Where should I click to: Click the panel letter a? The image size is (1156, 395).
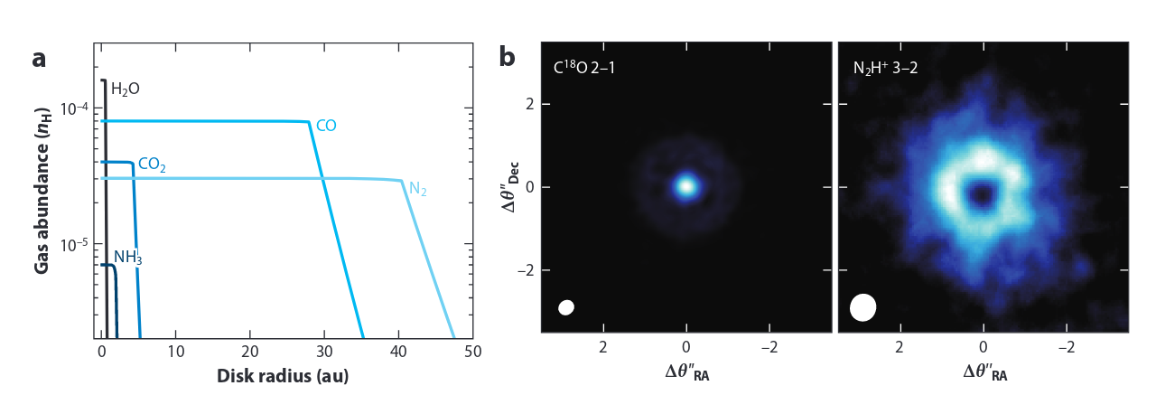tap(39, 60)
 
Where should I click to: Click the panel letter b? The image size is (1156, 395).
tap(508, 58)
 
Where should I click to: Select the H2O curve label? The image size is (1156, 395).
tap(125, 89)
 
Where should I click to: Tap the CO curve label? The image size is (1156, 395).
tap(326, 126)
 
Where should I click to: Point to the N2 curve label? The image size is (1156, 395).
tap(418, 189)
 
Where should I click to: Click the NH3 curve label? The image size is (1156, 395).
tap(127, 258)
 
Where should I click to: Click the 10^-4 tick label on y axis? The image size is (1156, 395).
tap(74, 108)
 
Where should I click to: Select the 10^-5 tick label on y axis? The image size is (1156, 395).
tap(74, 245)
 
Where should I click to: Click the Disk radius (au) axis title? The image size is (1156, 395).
tap(283, 375)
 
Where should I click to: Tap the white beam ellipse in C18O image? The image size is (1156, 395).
tap(566, 307)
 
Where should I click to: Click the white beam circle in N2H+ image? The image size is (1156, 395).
tap(862, 306)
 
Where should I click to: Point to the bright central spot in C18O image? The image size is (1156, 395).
tap(685, 186)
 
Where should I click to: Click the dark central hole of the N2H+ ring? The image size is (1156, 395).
tap(982, 193)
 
